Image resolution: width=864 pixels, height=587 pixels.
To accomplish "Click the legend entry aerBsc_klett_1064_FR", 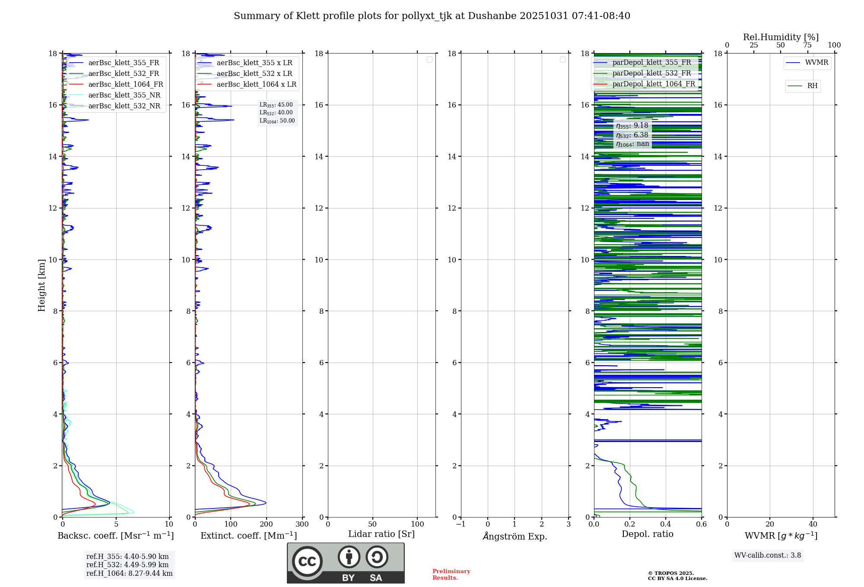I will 125,85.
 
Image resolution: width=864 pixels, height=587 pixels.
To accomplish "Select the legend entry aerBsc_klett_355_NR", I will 124,95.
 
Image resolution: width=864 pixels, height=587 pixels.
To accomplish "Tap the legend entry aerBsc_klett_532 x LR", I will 254,74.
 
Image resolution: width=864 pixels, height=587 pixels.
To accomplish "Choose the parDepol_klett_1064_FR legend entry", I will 653,84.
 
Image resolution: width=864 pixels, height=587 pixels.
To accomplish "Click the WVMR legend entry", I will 816,63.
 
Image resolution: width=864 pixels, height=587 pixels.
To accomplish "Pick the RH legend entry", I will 812,86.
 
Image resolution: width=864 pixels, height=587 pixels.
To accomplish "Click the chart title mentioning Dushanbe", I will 432,16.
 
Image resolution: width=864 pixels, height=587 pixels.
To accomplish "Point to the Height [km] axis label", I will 41,285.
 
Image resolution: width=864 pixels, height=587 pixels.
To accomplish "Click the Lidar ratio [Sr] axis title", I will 381,534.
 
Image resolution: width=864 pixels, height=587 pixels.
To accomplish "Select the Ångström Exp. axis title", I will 515,537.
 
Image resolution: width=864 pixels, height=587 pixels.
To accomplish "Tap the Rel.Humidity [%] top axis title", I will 781,37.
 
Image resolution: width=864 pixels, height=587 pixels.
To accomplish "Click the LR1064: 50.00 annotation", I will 277,121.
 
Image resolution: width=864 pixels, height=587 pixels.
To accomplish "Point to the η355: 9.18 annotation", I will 632,126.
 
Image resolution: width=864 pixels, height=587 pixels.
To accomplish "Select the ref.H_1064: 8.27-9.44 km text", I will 129,574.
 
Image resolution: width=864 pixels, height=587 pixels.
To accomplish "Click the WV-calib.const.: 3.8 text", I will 767,555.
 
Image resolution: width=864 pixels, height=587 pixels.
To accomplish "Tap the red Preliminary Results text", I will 451,574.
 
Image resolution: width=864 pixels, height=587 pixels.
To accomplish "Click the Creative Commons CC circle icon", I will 307,561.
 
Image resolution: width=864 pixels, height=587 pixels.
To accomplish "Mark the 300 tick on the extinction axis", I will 302,524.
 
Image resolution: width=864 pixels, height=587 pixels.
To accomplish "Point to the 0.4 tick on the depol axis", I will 666,524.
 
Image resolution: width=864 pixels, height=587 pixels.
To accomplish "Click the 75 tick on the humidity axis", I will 807,45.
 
